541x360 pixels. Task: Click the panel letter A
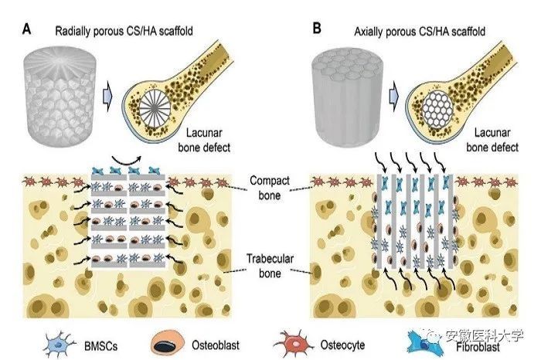[x=26, y=29]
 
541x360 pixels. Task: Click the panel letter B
[x=316, y=29]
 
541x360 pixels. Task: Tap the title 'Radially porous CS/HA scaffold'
[x=124, y=31]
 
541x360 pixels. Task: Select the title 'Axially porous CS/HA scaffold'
[x=420, y=32]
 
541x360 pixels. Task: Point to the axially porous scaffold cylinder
[x=347, y=97]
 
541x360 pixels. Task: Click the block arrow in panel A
[x=107, y=97]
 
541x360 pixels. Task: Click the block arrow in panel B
[x=394, y=97]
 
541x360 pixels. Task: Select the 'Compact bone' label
[x=270, y=188]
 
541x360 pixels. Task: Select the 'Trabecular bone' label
[x=270, y=266]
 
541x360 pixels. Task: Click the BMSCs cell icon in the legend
[x=60, y=345]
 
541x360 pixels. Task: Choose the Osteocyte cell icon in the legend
[x=294, y=344]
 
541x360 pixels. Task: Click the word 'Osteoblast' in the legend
[x=216, y=345]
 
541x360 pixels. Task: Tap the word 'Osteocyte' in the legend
[x=342, y=345]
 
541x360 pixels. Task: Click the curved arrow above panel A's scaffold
[x=126, y=161]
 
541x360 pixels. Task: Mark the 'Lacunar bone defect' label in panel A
[x=204, y=140]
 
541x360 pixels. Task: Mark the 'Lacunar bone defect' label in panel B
[x=492, y=140]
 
